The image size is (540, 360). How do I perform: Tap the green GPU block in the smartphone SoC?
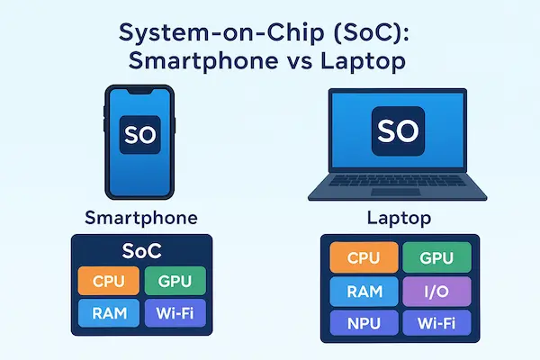click(175, 279)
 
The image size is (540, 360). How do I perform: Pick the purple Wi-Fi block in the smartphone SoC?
click(175, 312)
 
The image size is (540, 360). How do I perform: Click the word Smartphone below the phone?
click(140, 219)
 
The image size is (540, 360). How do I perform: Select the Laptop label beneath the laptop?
click(397, 219)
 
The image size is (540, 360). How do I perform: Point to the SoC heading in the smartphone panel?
click(140, 250)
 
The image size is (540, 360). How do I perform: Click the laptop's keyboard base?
click(398, 190)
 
